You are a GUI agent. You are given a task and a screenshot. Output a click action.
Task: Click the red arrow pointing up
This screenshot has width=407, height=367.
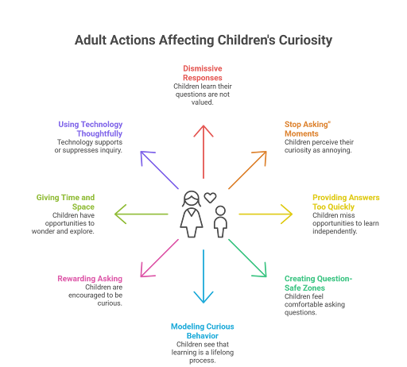click(203, 152)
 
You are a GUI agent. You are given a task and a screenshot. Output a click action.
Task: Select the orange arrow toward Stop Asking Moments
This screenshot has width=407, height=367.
click(247, 170)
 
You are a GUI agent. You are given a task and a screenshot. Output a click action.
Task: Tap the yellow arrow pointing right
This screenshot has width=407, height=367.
click(266, 214)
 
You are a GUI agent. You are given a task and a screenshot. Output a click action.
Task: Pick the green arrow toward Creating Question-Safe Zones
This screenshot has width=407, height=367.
click(247, 258)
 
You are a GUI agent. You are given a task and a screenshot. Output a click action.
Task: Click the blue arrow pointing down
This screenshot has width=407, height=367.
click(203, 276)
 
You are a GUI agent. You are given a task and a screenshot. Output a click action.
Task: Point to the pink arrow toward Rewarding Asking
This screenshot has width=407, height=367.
click(160, 258)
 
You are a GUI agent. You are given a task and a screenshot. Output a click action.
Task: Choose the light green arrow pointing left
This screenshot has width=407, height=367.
click(141, 214)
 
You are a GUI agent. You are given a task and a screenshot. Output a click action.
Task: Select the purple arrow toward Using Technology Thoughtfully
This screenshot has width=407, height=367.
click(160, 170)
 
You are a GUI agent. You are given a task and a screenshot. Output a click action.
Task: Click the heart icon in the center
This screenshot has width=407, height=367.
click(210, 198)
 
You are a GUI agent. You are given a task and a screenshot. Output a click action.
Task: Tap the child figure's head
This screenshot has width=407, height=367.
click(220, 211)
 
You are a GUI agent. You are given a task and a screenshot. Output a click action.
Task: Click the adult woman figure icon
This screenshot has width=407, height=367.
click(192, 214)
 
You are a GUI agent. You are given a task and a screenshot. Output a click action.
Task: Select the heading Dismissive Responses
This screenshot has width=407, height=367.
click(203, 73)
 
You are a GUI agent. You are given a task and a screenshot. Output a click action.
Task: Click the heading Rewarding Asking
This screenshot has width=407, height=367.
click(90, 279)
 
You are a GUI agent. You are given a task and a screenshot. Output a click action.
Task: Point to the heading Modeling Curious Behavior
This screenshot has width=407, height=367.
click(203, 331)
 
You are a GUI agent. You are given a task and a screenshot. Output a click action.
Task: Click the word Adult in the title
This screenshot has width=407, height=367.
click(91, 40)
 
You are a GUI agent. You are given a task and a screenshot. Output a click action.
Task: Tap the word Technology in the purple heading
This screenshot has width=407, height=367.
click(102, 124)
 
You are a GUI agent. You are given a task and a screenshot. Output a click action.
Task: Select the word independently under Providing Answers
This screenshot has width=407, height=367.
click(335, 231)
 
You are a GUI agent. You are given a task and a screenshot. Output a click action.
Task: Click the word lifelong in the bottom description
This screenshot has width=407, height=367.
click(222, 353)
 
